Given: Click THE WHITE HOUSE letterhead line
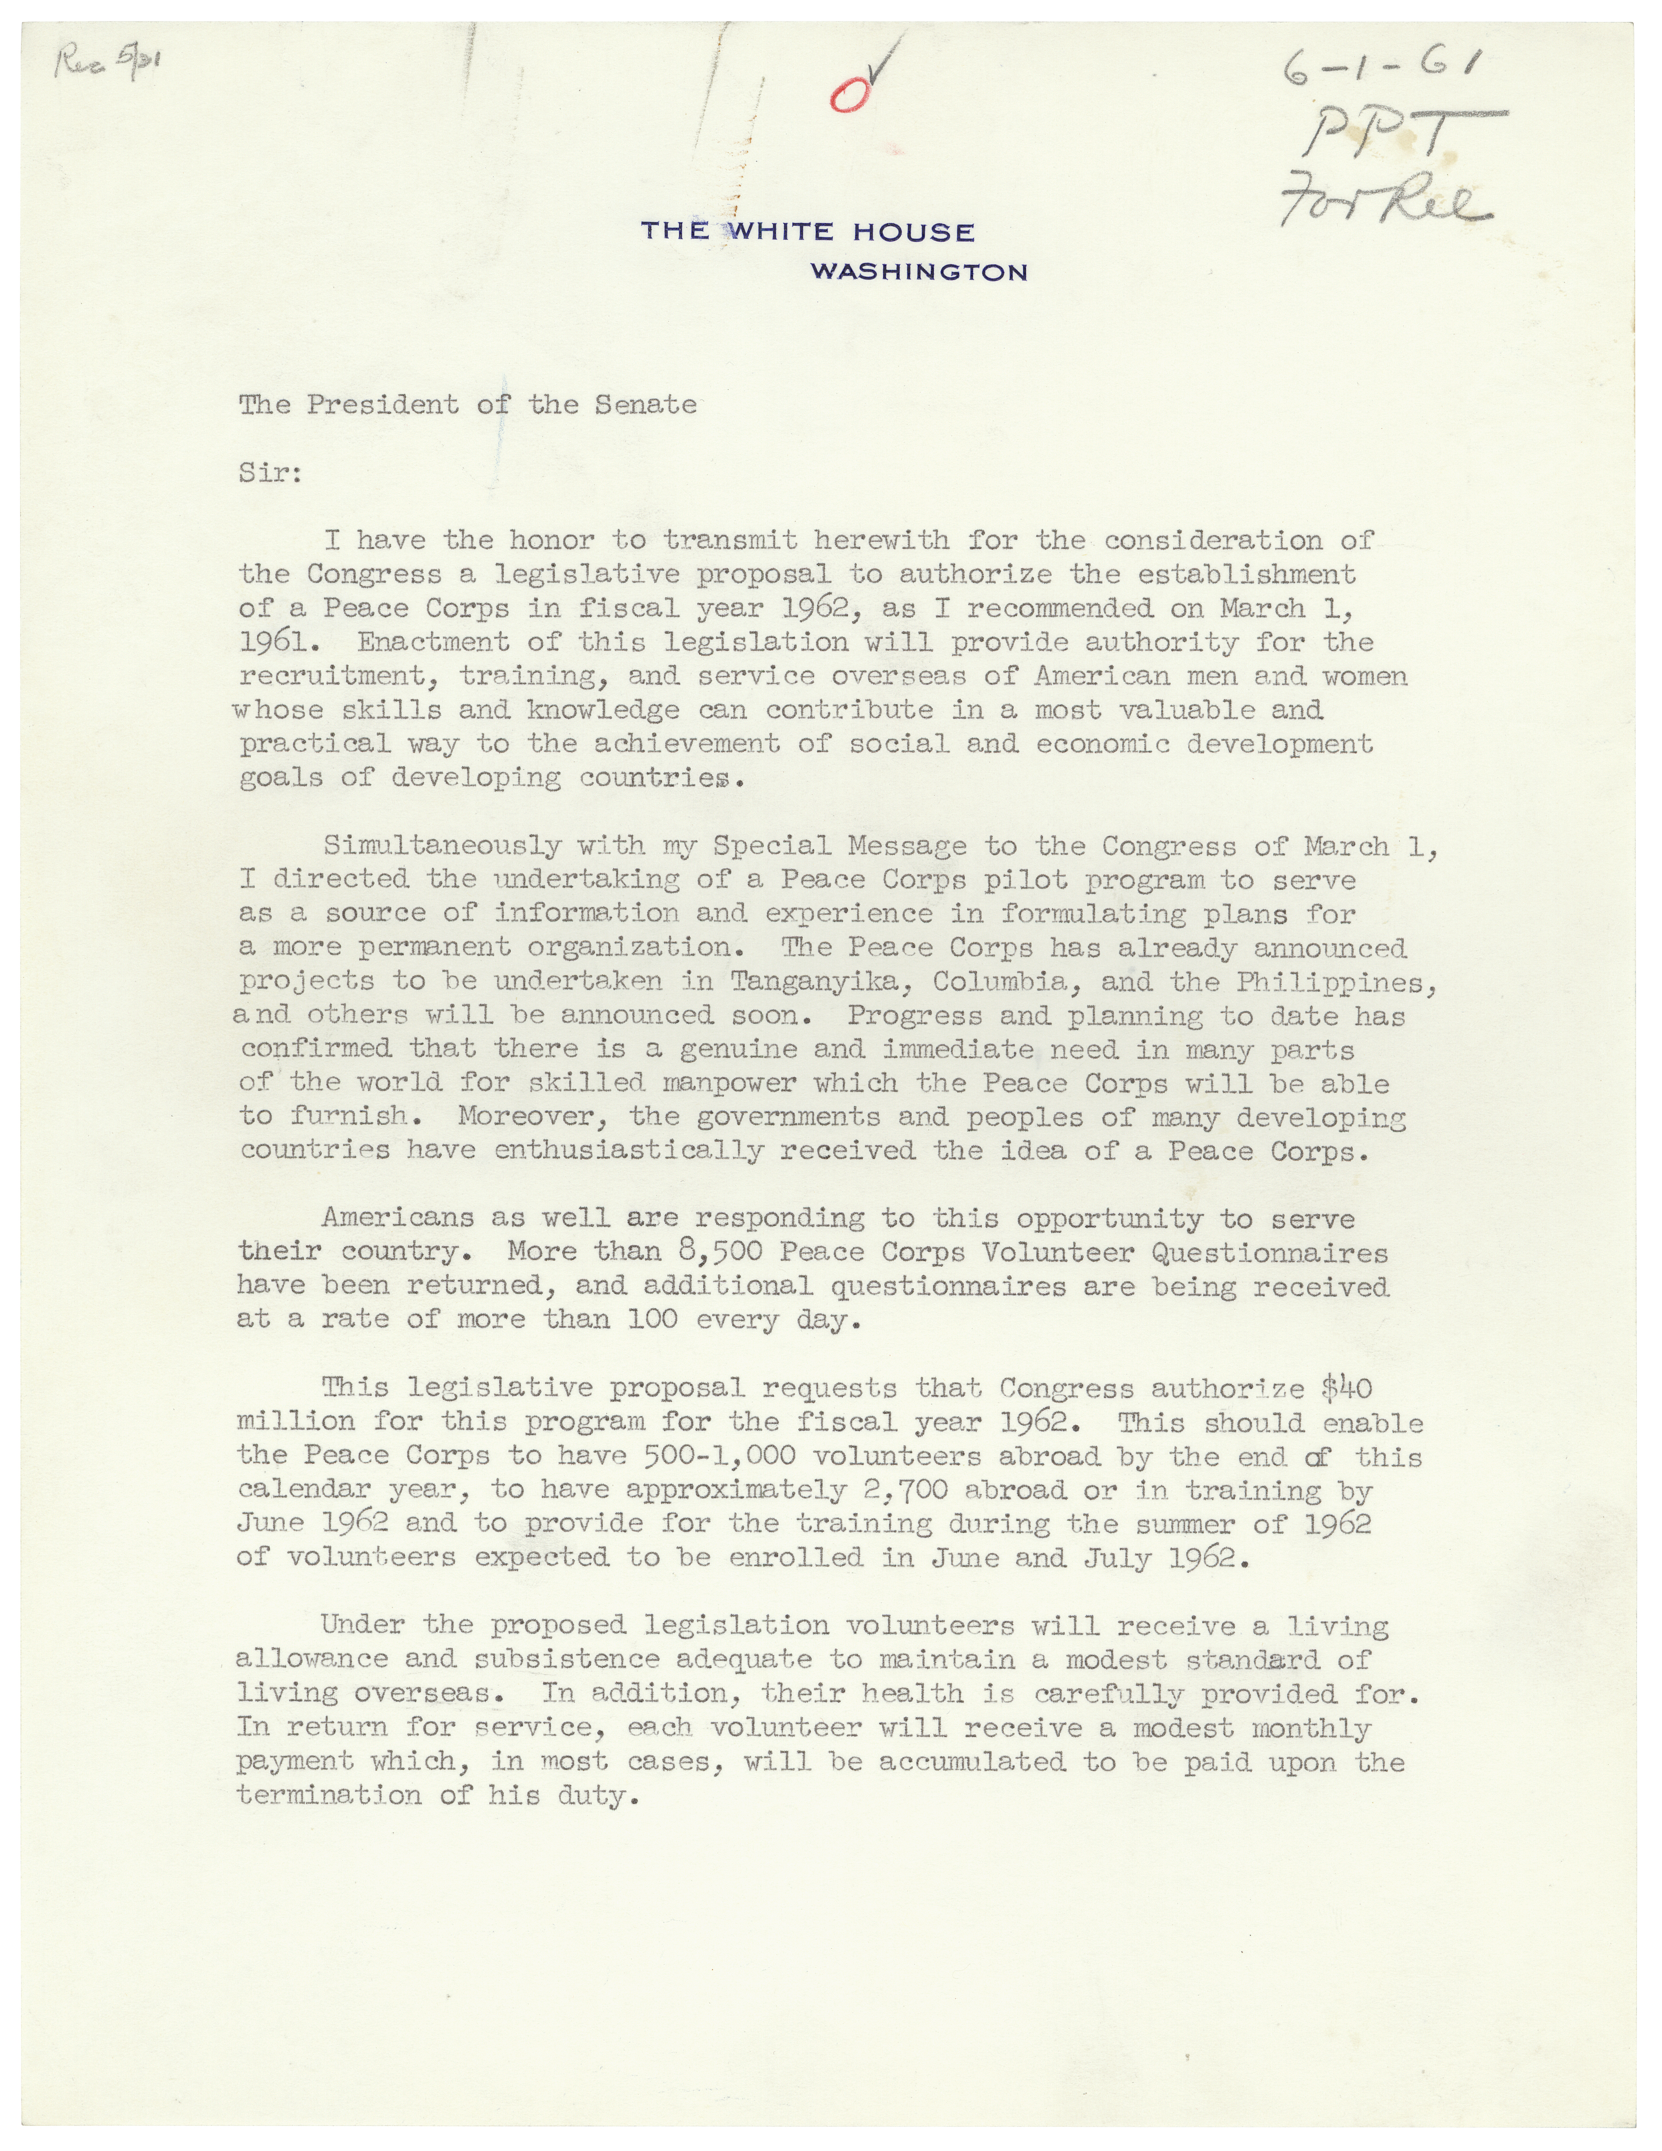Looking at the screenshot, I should [x=807, y=232].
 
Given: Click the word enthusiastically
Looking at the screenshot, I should [x=628, y=1150].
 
